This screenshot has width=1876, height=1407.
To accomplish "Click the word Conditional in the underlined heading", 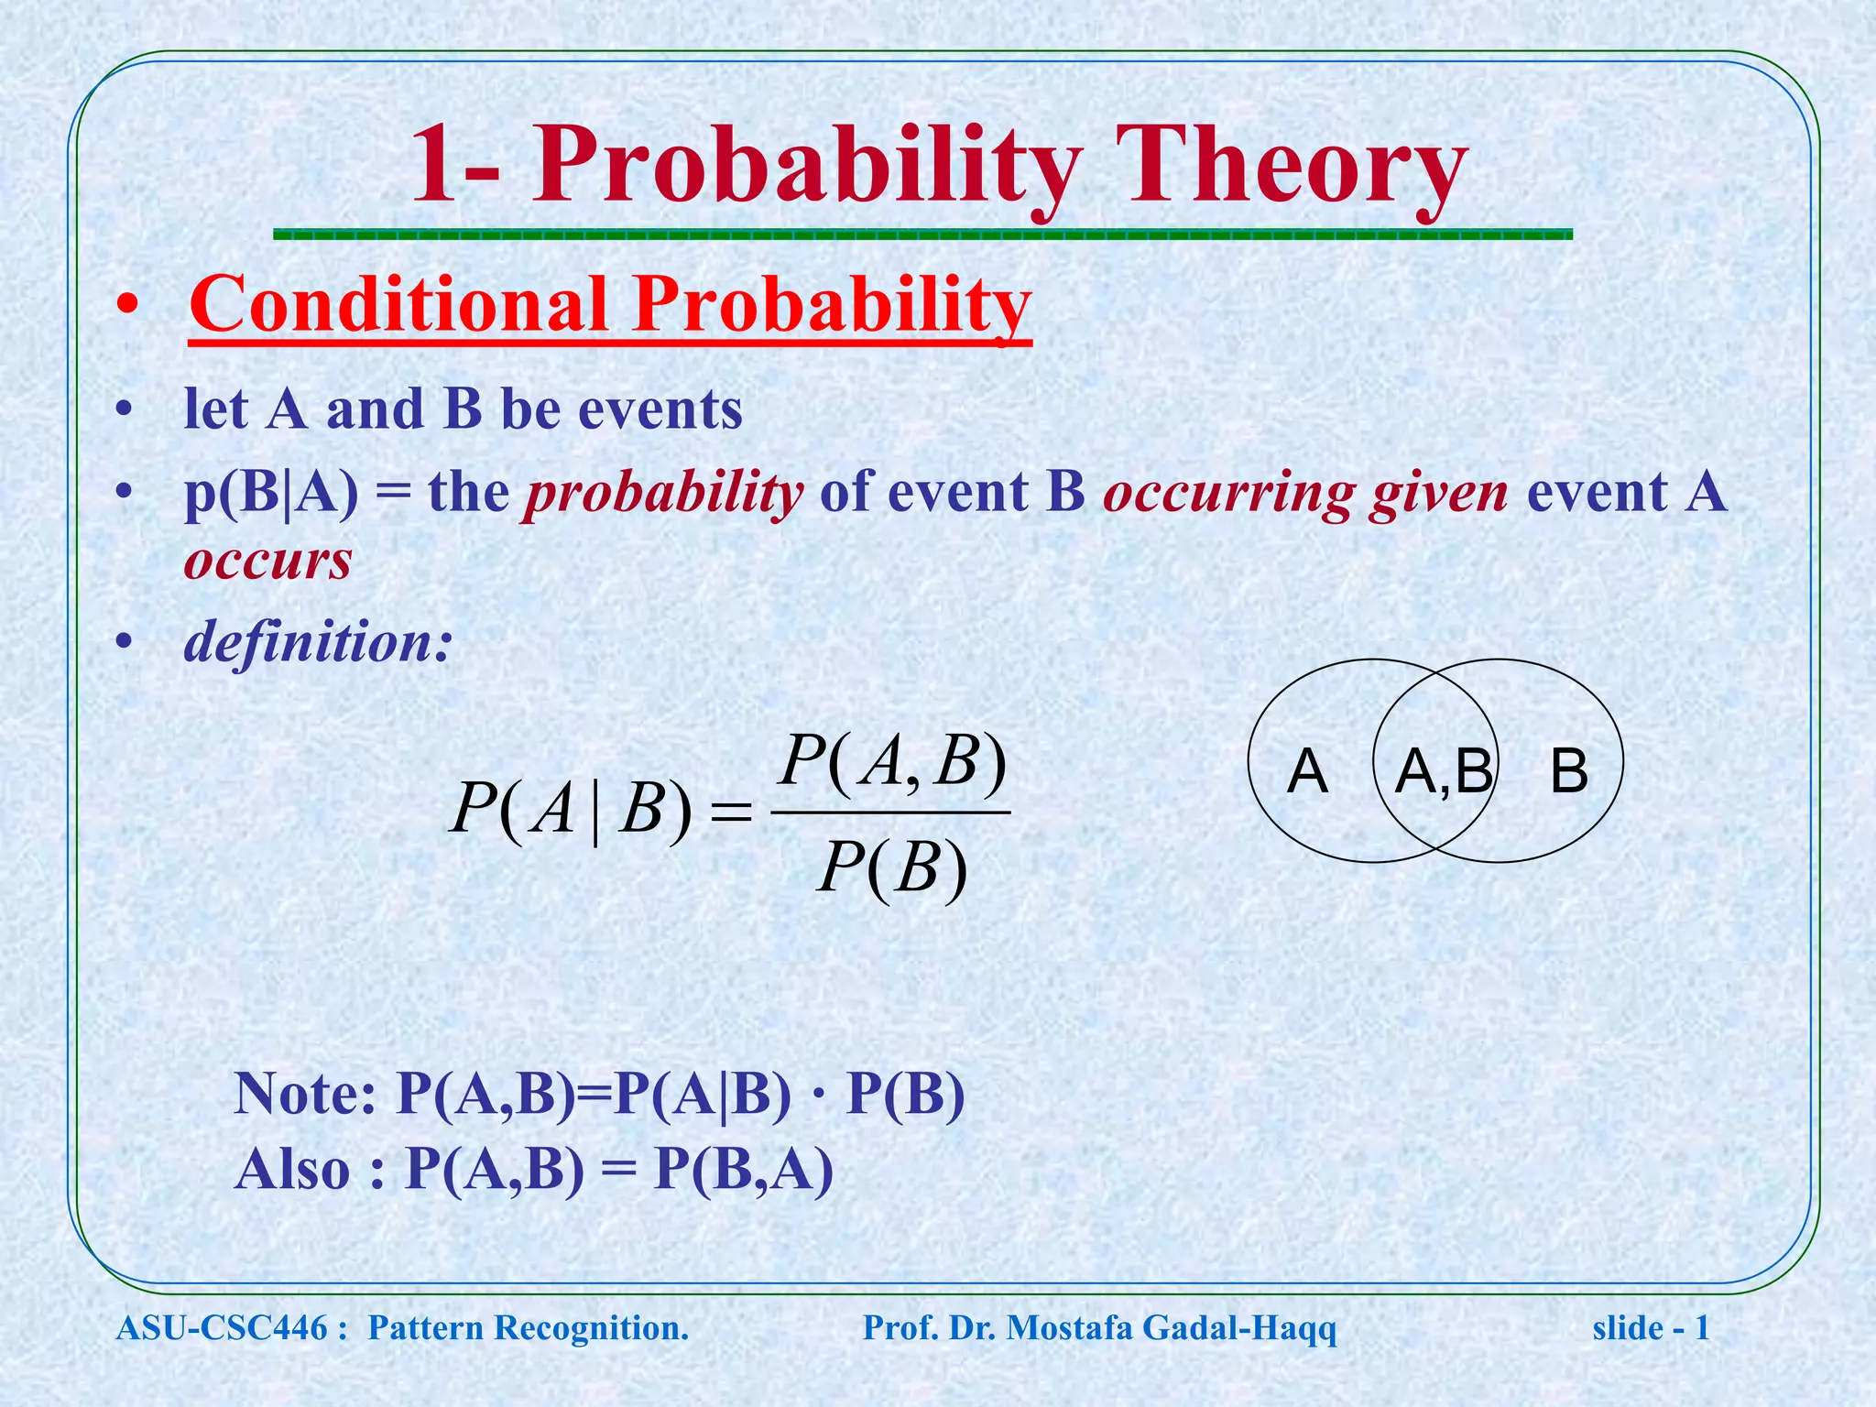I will pyautogui.click(x=398, y=305).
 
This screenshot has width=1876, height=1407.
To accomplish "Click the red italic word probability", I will pyautogui.click(x=662, y=495).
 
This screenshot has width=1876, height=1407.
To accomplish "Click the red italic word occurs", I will pyautogui.click(x=267, y=561).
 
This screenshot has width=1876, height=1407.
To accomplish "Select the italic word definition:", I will pyautogui.click(x=318, y=642).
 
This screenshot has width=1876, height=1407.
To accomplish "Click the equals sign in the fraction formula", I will pyautogui.click(x=731, y=813).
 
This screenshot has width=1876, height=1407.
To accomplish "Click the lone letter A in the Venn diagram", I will pyautogui.click(x=1307, y=771).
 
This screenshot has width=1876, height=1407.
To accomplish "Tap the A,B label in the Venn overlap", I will pyautogui.click(x=1443, y=771).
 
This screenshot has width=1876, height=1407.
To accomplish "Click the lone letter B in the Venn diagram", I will pyautogui.click(x=1568, y=771).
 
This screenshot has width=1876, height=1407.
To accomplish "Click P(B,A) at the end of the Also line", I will pyautogui.click(x=743, y=1170).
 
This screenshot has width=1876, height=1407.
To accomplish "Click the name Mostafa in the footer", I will pyautogui.click(x=1069, y=1327).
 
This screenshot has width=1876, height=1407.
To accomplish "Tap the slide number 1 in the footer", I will pyautogui.click(x=1702, y=1327).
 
